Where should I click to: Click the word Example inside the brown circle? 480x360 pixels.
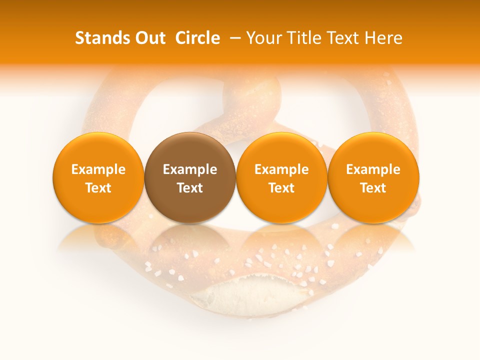click(x=190, y=169)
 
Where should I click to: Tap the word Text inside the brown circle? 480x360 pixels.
click(x=190, y=188)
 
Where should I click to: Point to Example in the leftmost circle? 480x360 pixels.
click(x=98, y=169)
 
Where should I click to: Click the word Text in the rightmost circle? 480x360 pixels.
click(x=373, y=188)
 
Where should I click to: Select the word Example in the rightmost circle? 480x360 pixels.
click(x=373, y=169)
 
